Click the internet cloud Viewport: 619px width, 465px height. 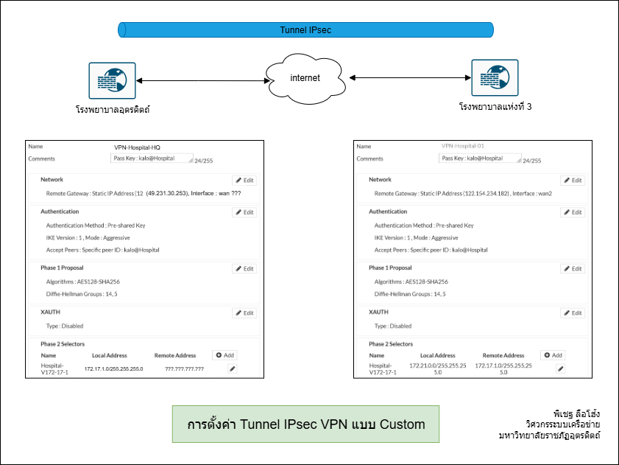(x=305, y=78)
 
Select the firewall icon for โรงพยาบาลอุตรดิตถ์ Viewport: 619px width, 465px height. (x=112, y=80)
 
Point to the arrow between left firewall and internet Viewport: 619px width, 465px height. (x=200, y=80)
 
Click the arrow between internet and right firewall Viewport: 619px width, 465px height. (x=410, y=77)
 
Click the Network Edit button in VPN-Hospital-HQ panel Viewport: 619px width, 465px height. (x=244, y=180)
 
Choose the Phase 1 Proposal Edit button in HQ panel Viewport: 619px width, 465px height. (x=244, y=269)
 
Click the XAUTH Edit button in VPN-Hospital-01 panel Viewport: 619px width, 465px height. (x=573, y=313)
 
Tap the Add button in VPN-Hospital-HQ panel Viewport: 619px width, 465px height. (x=226, y=355)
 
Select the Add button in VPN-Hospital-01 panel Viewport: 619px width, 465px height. (x=553, y=355)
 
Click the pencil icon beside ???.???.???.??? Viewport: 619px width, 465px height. (x=233, y=368)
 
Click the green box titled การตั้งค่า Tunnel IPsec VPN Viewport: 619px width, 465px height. (x=305, y=424)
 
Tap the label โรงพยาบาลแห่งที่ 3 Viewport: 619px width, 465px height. (x=495, y=107)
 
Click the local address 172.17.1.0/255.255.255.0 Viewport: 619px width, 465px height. (x=113, y=368)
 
